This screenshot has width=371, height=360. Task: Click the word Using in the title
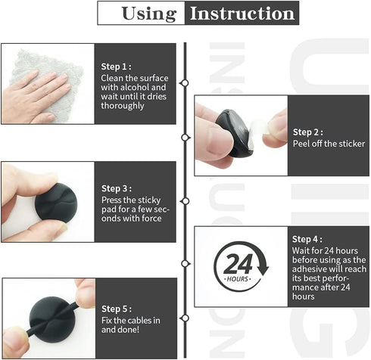(149, 14)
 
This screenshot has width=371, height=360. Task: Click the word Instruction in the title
(242, 13)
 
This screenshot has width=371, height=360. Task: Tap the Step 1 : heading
(116, 67)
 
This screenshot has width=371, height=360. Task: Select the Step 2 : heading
(308, 132)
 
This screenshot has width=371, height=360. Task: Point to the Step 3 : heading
(117, 188)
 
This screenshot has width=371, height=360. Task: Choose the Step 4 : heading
(307, 239)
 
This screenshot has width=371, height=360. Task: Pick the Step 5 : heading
(117, 309)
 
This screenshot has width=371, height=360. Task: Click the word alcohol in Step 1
(135, 88)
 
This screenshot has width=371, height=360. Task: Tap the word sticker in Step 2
(352, 144)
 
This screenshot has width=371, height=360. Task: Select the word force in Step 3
(151, 219)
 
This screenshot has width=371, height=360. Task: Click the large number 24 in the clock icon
(238, 264)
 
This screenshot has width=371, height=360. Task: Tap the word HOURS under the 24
(238, 279)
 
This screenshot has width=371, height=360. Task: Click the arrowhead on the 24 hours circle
(263, 270)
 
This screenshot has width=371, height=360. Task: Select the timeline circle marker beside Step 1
(185, 83)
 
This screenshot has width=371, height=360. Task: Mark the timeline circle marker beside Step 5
(185, 318)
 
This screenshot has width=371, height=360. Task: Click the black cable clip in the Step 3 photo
(56, 203)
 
